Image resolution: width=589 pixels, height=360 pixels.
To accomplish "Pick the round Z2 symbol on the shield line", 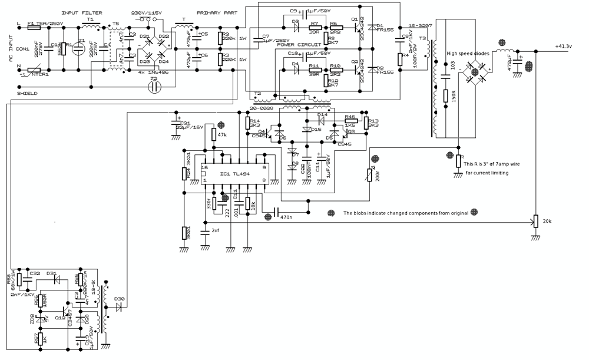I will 155,87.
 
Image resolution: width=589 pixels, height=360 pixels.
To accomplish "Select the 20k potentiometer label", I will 547,221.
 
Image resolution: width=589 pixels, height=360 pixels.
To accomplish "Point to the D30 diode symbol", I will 120,308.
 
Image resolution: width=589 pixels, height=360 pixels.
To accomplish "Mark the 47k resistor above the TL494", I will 213,134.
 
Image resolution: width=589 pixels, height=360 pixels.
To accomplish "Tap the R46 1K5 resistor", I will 349,124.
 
